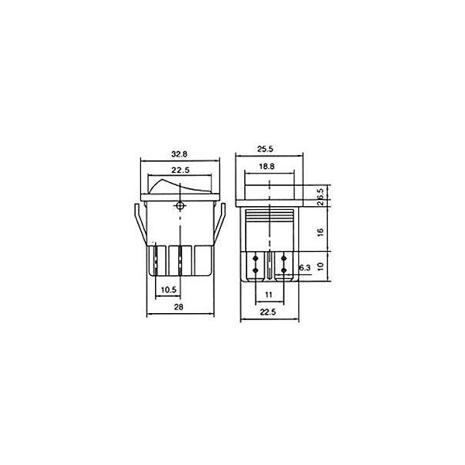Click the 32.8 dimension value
click(x=179, y=154)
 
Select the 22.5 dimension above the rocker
click(x=181, y=170)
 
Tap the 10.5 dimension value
click(x=168, y=289)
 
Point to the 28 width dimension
click(x=178, y=307)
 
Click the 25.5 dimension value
click(x=265, y=149)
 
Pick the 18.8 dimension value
click(x=267, y=167)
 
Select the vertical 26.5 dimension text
click(x=320, y=197)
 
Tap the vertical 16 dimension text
click(x=320, y=232)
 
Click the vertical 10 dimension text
click(x=320, y=267)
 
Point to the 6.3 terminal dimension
click(x=305, y=268)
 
